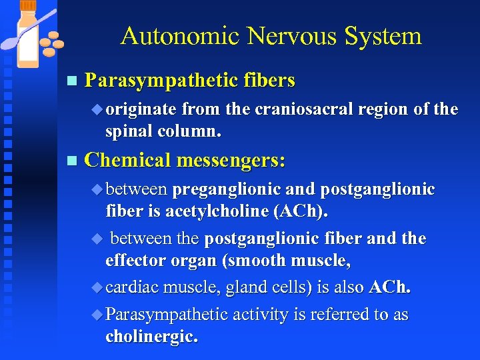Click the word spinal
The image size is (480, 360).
pyautogui.click(x=129, y=131)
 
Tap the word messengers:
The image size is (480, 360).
pyautogui.click(x=231, y=160)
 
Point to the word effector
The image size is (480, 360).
pyautogui.click(x=136, y=260)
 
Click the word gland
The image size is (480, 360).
pyautogui.click(x=244, y=287)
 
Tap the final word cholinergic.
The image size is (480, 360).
pyautogui.click(x=151, y=337)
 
